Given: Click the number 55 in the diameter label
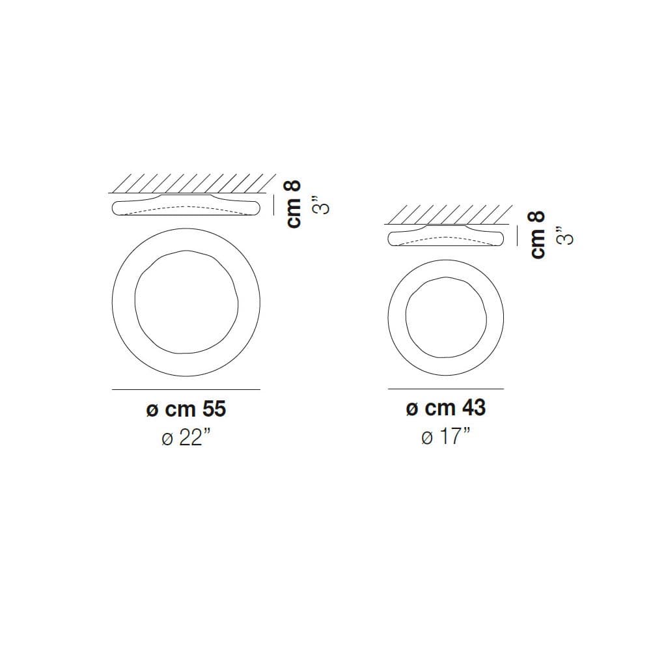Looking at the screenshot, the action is (214, 409).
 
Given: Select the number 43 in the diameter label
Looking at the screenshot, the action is (474, 408).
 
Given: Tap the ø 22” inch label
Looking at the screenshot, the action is (186, 437).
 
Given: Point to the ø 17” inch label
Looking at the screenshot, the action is (445, 436).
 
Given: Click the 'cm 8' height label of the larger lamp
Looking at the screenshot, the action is (294, 204).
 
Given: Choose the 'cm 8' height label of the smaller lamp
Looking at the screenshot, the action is (538, 235).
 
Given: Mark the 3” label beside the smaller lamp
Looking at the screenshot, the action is (566, 236).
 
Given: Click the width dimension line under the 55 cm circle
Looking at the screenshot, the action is (186, 389).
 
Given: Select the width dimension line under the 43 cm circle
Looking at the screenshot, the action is (446, 389).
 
